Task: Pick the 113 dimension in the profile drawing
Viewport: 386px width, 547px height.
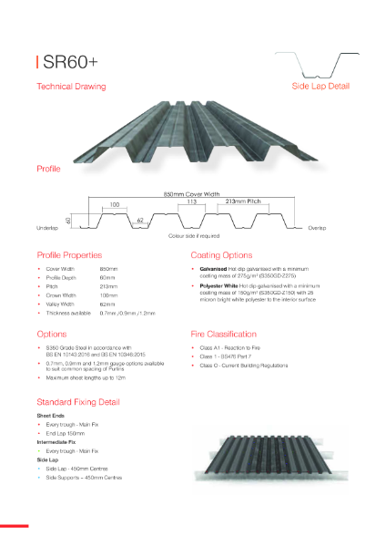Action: pos(192,201)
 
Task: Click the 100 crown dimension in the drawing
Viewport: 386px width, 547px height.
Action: pos(114,205)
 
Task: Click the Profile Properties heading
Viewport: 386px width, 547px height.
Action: pos(69,255)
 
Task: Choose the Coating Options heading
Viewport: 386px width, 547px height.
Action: pos(221,255)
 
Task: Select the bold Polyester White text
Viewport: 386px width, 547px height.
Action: pos(219,286)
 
